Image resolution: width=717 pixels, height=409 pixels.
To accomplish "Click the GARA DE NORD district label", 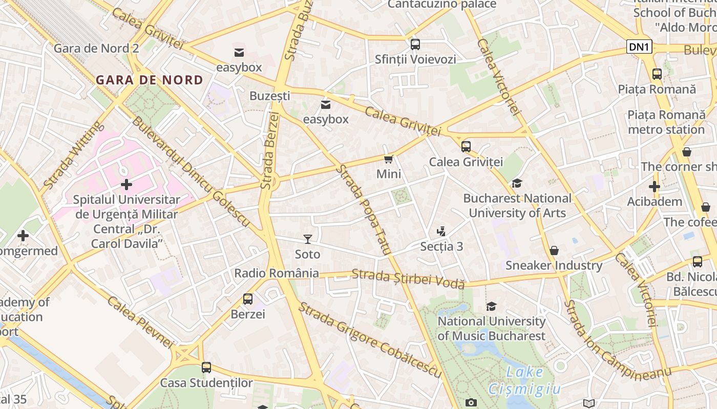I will coord(150,80).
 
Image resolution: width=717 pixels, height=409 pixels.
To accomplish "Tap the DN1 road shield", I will coord(639,47).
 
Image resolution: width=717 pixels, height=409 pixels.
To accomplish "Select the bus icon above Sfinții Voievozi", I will coord(415,44).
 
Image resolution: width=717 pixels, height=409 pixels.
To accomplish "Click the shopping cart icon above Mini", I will coord(389,160).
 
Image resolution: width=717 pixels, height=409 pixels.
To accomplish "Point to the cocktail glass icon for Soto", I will coord(307,239).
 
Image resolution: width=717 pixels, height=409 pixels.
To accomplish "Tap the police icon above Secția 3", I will coord(441,232).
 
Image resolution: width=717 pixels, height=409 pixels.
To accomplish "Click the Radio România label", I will coord(277,273).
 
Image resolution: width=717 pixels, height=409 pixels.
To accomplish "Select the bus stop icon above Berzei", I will coord(248,299).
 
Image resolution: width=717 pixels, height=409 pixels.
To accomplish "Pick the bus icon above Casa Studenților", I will coord(206,368).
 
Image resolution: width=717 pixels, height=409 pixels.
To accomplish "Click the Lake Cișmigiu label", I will coord(525,381).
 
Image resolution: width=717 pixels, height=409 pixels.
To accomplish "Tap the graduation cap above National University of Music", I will coord(491,307).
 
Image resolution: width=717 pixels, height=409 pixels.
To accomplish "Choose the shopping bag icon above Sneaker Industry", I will coord(554,251).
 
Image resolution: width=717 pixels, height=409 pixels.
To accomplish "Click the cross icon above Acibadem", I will coord(655,187).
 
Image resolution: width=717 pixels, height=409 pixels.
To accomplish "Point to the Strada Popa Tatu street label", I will coord(364,210).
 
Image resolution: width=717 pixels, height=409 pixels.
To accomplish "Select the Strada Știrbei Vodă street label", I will coord(408,278).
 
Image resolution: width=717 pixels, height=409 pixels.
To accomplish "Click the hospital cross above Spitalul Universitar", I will coord(126,184).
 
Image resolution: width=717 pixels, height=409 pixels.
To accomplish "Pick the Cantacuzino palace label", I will coord(441,5).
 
